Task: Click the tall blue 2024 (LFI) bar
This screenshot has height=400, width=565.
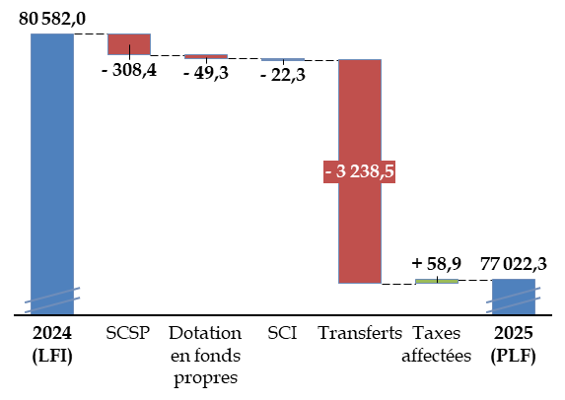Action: tap(52, 174)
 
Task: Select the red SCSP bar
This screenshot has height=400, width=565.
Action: tap(129, 44)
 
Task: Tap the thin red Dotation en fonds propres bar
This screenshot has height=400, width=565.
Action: tap(206, 56)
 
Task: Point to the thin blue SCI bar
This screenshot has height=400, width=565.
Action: tap(283, 59)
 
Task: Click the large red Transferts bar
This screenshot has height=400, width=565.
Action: tap(360, 171)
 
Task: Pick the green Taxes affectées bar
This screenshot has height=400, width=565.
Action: tap(437, 281)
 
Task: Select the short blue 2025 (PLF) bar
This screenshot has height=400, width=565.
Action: tap(514, 297)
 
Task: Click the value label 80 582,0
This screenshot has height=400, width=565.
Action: tap(52, 19)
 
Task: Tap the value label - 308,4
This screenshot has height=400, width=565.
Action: tap(129, 70)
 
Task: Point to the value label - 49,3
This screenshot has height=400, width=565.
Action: tap(206, 73)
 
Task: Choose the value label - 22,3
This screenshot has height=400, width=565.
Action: tap(283, 75)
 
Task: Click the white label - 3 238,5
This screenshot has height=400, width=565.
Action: tap(359, 171)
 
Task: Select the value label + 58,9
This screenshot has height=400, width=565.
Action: tap(437, 264)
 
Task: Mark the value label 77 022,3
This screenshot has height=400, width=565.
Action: tap(514, 264)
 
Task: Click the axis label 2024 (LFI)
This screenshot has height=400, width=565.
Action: tap(52, 345)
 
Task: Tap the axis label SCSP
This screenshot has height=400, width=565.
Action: tap(128, 333)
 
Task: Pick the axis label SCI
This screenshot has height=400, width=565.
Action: tap(282, 333)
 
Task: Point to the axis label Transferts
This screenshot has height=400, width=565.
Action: tap(360, 333)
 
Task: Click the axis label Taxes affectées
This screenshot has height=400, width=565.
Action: tap(437, 345)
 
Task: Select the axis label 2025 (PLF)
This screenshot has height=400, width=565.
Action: tap(514, 345)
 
